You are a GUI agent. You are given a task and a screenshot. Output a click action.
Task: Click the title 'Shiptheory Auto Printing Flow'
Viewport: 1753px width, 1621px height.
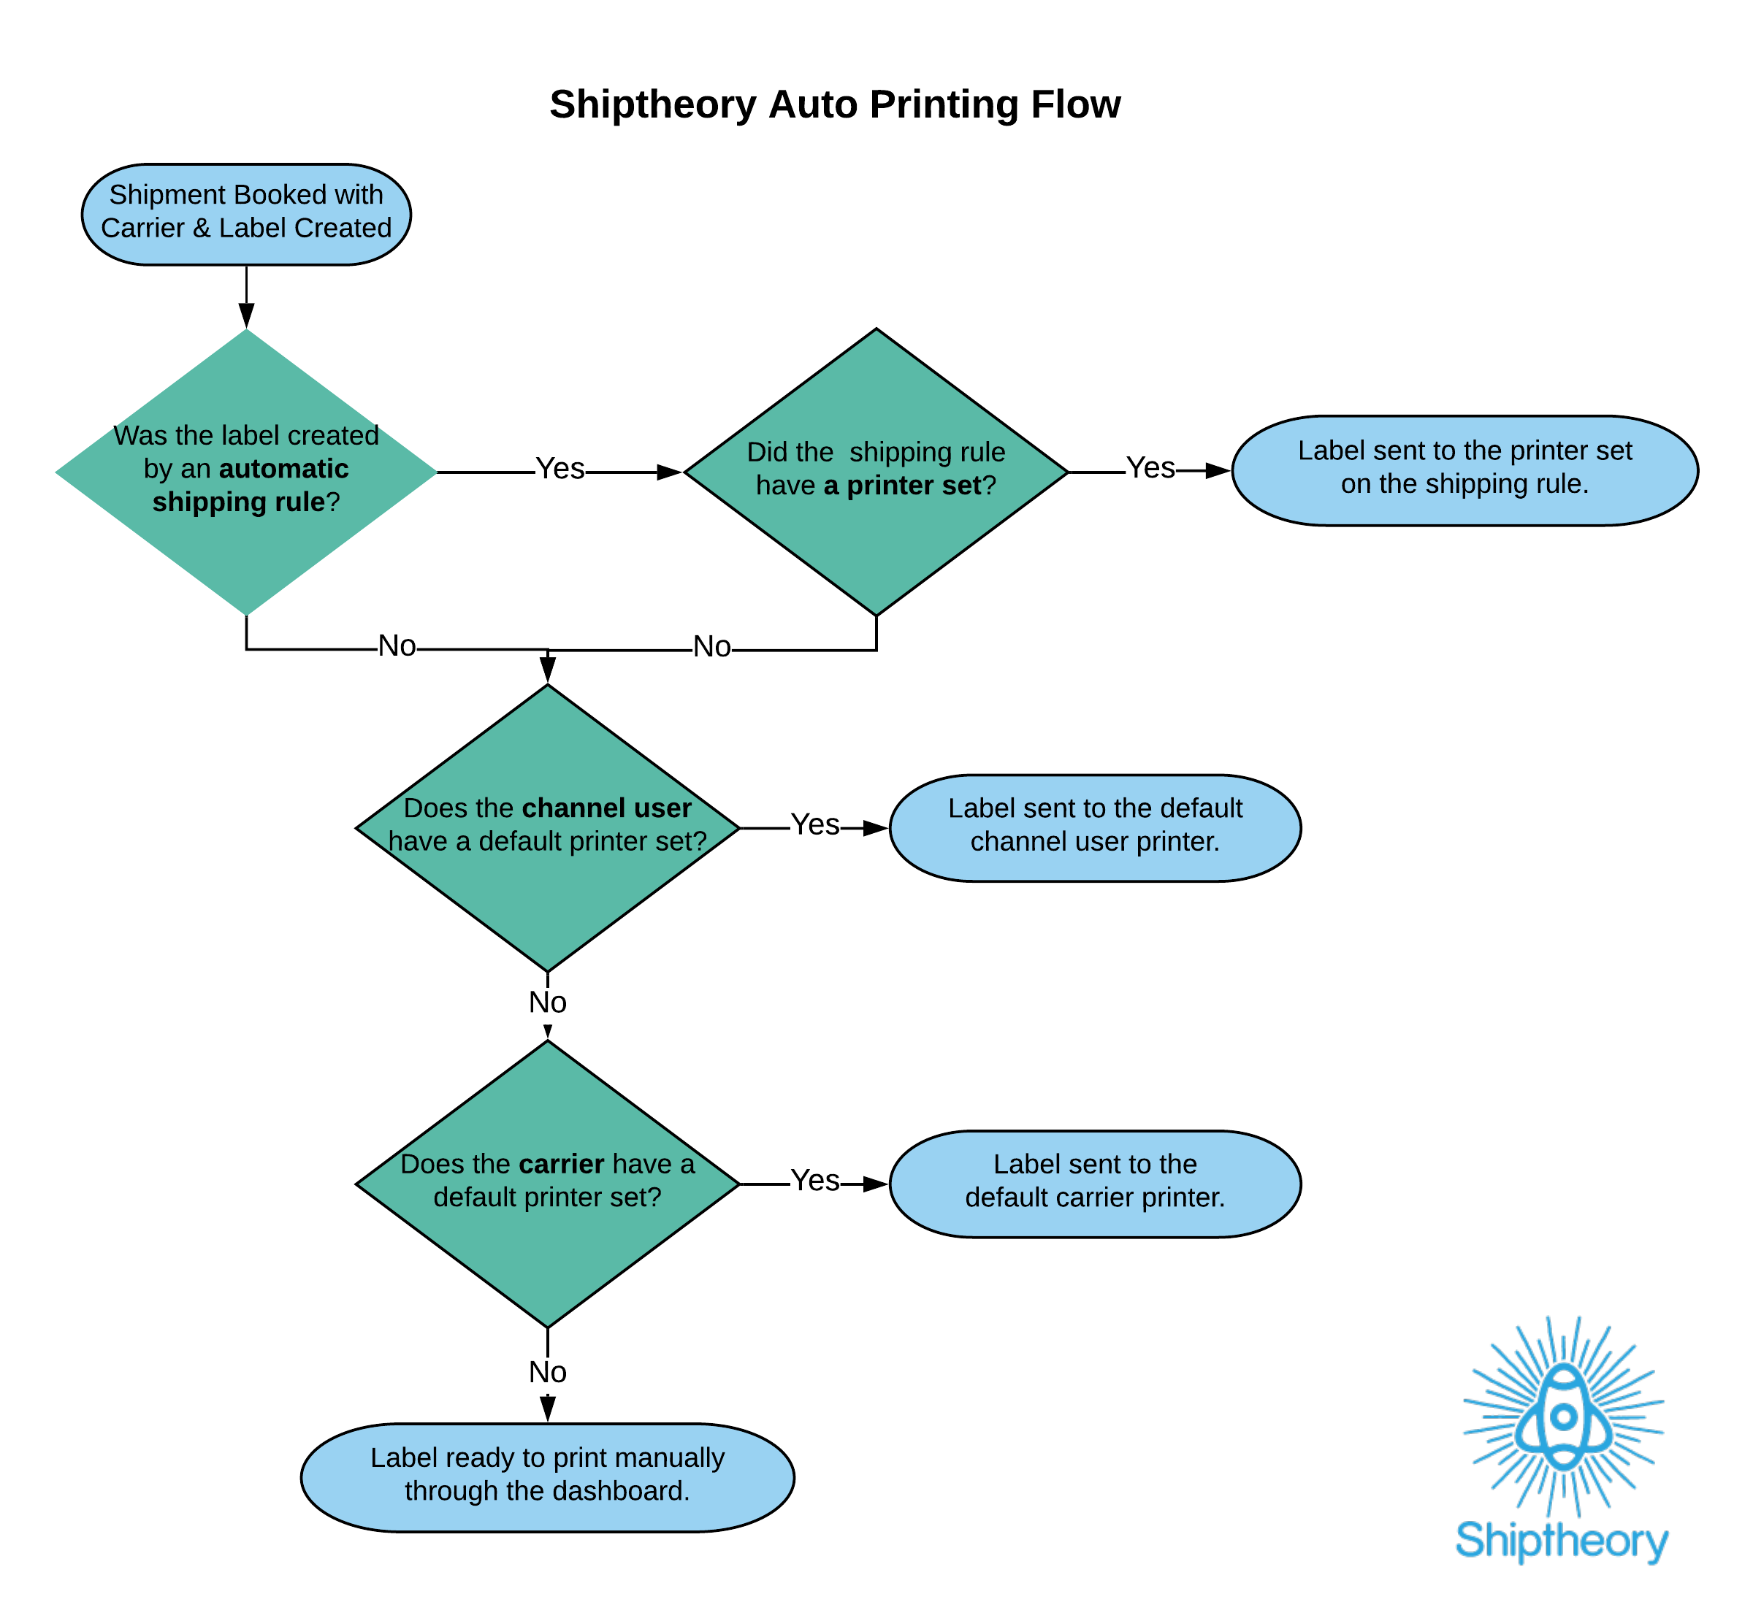[x=834, y=104]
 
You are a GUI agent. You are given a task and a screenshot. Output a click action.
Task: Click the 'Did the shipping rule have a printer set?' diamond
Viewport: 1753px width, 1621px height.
[x=876, y=471]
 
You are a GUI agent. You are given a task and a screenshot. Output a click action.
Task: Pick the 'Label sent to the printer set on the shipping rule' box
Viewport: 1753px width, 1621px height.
[x=1464, y=470]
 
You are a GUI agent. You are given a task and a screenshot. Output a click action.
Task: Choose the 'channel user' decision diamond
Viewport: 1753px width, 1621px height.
[x=548, y=827]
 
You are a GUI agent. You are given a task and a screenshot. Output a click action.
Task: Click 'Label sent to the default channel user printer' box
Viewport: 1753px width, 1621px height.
[x=1094, y=827]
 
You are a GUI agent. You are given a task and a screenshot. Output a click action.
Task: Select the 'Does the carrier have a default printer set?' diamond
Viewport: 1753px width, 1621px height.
[x=548, y=1184]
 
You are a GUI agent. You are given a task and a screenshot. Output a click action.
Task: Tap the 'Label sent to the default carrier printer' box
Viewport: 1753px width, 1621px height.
[x=1094, y=1184]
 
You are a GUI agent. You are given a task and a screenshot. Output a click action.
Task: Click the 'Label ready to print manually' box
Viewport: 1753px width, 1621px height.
[x=548, y=1477]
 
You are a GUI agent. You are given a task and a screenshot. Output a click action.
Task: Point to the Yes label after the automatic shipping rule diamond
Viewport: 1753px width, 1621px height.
[x=559, y=468]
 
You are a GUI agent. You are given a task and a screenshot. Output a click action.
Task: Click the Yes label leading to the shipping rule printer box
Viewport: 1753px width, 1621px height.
[x=1150, y=467]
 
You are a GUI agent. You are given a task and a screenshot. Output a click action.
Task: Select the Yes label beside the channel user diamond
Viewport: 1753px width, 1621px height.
[x=815, y=824]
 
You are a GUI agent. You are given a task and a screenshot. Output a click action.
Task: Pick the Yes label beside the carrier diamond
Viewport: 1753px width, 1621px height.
[x=815, y=1181]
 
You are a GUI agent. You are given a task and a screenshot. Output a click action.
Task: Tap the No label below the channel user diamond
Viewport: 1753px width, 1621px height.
[x=548, y=1002]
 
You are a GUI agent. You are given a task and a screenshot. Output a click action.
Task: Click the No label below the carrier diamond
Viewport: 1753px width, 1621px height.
[x=548, y=1372]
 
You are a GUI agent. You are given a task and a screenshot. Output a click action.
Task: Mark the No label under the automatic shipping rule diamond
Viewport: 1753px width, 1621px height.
[x=397, y=645]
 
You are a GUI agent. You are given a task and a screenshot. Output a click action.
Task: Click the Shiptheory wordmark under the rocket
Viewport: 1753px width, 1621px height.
[x=1562, y=1541]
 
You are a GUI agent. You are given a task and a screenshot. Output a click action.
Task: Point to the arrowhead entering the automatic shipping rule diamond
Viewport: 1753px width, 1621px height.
[x=247, y=315]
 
